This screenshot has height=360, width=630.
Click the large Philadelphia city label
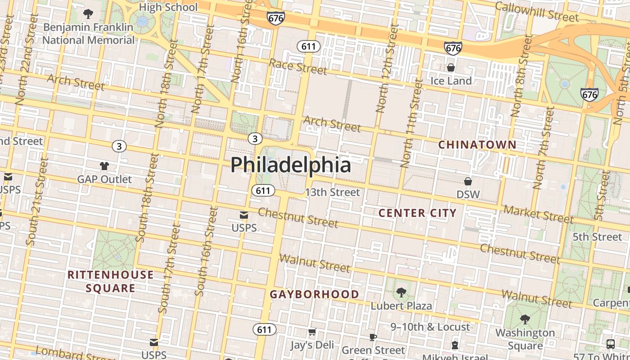[x=290, y=165]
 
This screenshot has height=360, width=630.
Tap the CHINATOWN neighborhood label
[x=477, y=145]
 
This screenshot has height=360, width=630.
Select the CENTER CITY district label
[x=418, y=213]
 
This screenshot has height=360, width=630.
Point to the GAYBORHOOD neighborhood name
[x=314, y=294]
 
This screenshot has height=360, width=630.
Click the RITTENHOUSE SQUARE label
[x=111, y=281]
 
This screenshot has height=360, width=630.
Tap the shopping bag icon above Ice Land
[x=451, y=67]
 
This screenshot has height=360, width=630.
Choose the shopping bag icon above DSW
[x=468, y=181]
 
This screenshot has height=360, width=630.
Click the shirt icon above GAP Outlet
[x=104, y=166]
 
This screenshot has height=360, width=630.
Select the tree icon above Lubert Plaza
[x=401, y=292]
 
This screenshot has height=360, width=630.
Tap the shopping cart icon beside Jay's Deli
[x=312, y=332]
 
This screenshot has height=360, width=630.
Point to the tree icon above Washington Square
[x=525, y=319]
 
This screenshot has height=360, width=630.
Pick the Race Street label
[x=298, y=67]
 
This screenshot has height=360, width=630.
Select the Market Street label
[x=539, y=214]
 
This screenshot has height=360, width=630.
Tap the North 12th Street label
[x=387, y=68]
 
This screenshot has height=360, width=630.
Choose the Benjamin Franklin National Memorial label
[x=88, y=33]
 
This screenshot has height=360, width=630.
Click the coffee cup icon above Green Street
[x=373, y=337]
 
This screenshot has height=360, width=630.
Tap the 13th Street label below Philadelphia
[x=332, y=193]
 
